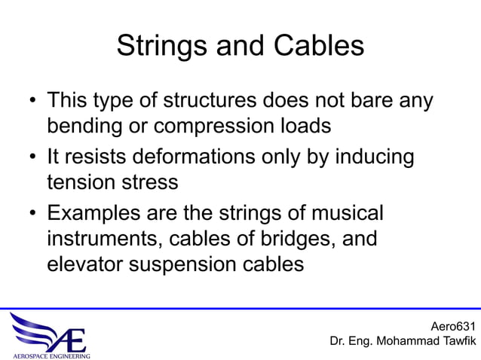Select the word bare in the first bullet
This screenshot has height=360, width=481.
pos(363,100)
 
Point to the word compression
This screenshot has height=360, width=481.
pos(220,125)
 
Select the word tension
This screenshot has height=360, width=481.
pos(84,182)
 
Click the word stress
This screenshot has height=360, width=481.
pos(153,182)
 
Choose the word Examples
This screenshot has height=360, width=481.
pos(96,214)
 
